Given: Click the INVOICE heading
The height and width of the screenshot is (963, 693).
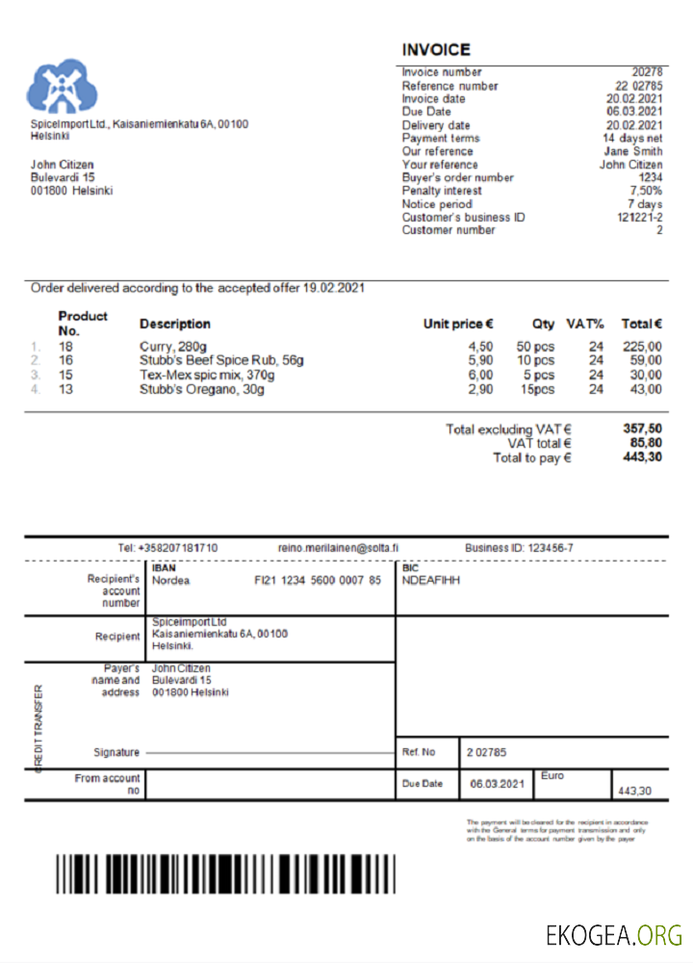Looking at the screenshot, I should [x=436, y=50].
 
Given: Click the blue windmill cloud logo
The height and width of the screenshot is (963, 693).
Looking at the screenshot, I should [x=62, y=88].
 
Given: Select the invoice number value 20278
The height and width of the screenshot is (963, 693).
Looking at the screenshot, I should [x=647, y=72].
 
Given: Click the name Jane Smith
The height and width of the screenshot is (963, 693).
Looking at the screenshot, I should [x=633, y=151].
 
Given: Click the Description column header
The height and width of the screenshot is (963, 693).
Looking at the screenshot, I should [x=174, y=324].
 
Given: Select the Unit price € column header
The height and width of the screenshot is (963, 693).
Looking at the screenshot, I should [x=458, y=324].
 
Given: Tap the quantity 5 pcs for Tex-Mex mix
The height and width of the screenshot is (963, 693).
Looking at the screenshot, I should [x=538, y=376].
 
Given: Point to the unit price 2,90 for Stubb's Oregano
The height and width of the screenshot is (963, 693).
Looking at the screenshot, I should [x=480, y=389].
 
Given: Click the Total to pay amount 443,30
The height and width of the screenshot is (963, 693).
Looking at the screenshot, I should [x=642, y=457].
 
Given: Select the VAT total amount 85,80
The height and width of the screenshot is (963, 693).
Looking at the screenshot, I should [x=642, y=443].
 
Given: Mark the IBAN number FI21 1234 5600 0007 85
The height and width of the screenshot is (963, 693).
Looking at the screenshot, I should [x=318, y=581].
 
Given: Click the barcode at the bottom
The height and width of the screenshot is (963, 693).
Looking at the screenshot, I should [x=224, y=873].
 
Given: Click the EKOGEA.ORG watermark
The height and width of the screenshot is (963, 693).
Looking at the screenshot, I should [x=614, y=934].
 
